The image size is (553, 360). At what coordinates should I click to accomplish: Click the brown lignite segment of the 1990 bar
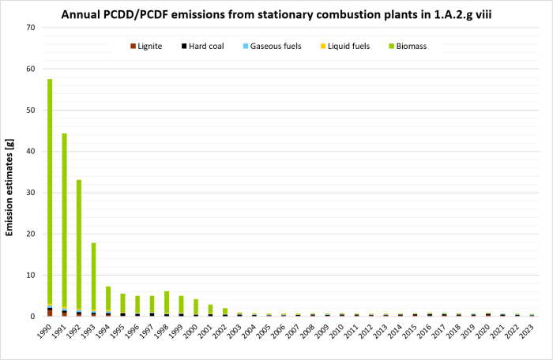coord(50,313)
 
